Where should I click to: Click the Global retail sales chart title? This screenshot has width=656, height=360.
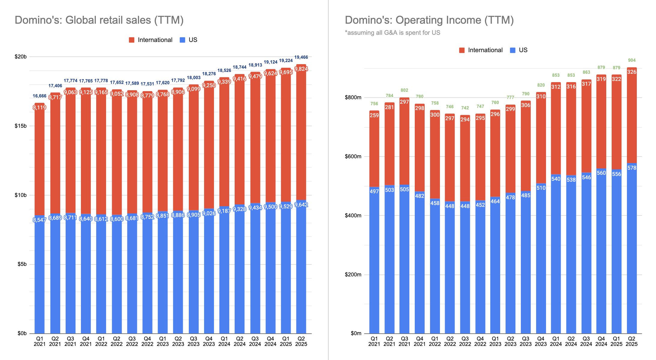[99, 20]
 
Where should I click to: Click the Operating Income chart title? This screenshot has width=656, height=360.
[429, 20]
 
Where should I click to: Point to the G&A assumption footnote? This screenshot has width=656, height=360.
[392, 33]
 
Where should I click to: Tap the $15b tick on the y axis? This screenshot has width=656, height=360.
[21, 126]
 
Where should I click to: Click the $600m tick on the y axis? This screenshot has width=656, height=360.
[353, 156]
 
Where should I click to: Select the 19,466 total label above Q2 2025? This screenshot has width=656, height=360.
[301, 57]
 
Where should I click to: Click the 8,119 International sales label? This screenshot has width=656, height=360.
[40, 108]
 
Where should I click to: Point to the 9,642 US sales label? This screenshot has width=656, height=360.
[301, 205]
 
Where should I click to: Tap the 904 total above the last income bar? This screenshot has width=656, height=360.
[632, 60]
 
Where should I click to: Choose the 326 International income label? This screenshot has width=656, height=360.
[632, 72]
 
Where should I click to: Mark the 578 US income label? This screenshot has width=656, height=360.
[632, 168]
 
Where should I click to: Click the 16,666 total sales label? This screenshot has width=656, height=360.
[40, 96]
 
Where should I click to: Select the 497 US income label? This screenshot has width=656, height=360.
[374, 192]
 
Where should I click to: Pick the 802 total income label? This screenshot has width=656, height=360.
[404, 90]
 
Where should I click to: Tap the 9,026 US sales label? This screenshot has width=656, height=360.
[209, 213]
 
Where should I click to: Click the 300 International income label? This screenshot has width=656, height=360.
[435, 115]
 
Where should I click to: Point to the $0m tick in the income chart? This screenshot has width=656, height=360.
[356, 333]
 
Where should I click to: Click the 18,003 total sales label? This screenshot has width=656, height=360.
[194, 78]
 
